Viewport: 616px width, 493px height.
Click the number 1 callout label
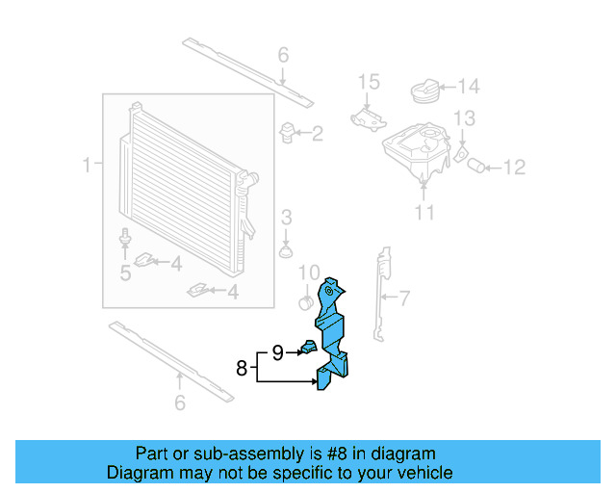tap(87, 166)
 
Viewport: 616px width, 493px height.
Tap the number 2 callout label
tap(317, 133)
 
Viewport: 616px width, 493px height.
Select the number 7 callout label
tap(404, 298)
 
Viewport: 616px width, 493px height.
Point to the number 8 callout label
tap(242, 367)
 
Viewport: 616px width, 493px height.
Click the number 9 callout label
tap(277, 353)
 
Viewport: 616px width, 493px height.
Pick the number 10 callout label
tap(308, 273)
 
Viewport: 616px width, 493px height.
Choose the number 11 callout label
tap(424, 212)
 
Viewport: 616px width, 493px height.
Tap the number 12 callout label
tap(514, 169)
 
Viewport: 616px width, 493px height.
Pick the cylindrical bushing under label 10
tap(306, 303)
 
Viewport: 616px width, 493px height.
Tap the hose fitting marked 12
tap(476, 168)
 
